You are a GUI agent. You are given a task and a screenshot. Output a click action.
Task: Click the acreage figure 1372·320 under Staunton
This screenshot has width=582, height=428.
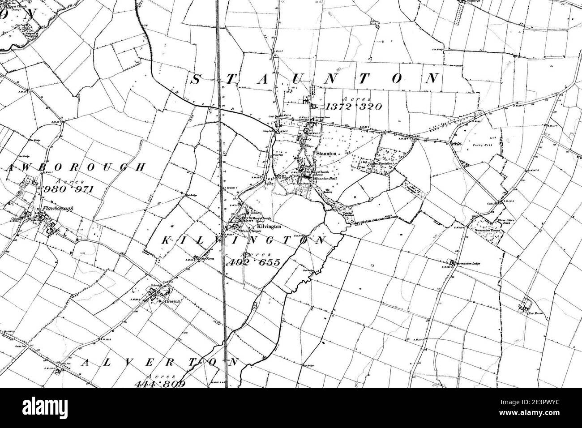tap(354, 107)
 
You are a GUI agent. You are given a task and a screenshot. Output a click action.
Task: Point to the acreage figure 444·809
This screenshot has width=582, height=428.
tap(158, 384)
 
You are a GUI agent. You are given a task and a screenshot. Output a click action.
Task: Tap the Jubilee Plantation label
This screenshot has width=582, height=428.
tap(380, 164)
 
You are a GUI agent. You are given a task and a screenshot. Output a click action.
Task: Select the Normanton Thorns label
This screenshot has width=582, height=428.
tap(490, 231)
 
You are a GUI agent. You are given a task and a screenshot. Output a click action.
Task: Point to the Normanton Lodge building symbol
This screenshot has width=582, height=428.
tap(452, 262)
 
